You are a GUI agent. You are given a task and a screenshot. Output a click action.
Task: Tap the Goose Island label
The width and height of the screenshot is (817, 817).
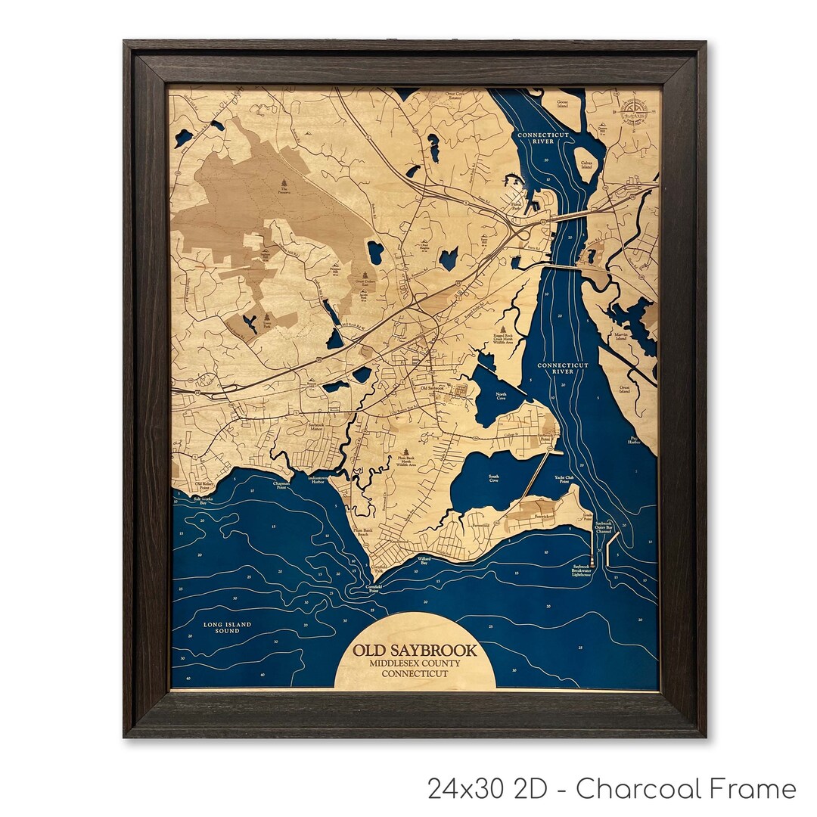561,104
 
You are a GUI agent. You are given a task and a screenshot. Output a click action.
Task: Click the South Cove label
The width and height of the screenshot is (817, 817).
493,478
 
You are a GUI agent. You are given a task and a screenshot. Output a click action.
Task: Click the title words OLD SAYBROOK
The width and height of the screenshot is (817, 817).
415,651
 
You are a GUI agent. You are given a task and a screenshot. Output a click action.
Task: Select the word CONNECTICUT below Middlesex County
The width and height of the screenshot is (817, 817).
415,673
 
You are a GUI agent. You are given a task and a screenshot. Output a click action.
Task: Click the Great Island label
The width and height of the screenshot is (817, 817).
625,390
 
